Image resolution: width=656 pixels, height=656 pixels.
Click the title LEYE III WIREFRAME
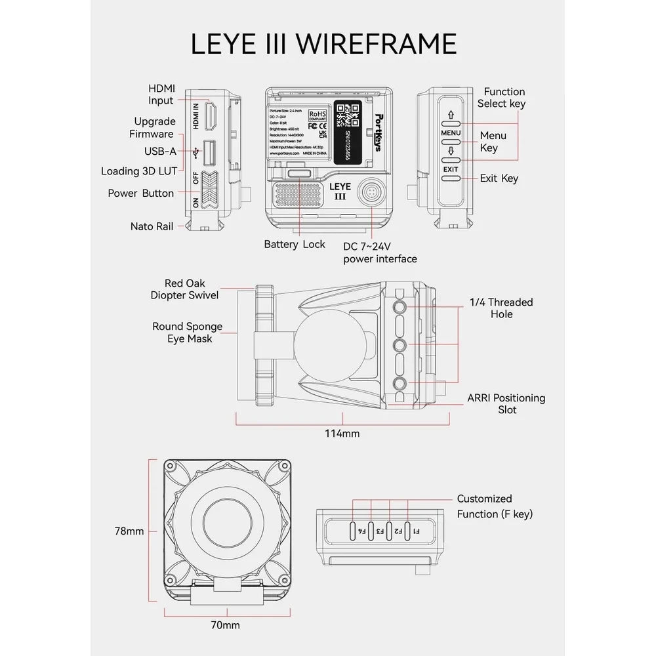pos(323,43)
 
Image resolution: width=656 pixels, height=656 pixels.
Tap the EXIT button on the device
pos(450,169)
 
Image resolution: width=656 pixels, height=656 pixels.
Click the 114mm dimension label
pos(342,433)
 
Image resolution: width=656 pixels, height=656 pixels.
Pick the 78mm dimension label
pos(129,531)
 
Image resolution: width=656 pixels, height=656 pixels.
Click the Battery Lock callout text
pos(295,244)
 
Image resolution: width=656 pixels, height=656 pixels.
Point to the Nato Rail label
pos(151,226)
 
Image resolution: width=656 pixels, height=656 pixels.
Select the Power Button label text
pos(140,193)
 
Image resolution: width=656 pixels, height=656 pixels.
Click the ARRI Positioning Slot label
pos(506,403)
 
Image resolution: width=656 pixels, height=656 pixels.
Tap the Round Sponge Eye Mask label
pos(187,332)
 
